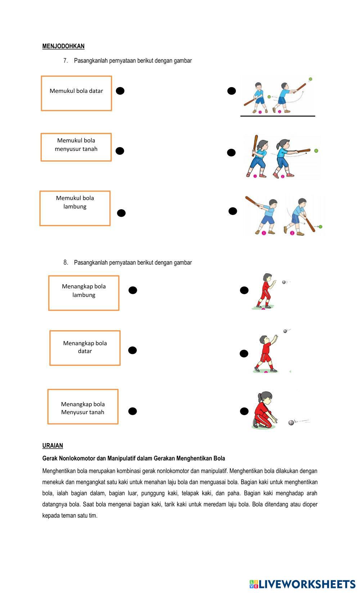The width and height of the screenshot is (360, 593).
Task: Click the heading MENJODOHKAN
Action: (x=63, y=46)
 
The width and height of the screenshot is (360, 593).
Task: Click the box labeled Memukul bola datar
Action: (x=76, y=93)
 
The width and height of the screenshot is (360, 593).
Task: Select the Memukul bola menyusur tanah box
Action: (x=76, y=147)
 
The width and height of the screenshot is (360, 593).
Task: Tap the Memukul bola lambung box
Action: (x=75, y=208)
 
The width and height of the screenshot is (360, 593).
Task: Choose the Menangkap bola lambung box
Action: (x=84, y=293)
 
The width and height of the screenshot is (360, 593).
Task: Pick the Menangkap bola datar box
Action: (x=85, y=348)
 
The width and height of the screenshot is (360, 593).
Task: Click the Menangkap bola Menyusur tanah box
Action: (x=83, y=406)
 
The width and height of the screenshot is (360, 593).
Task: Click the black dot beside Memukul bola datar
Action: (x=120, y=91)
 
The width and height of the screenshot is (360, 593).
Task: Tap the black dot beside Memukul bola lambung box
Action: (x=122, y=213)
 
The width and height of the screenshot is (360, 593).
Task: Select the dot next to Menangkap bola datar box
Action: (x=132, y=350)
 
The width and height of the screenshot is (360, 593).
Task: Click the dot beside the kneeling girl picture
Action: (x=244, y=411)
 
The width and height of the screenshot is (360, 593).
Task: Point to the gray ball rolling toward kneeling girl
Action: (x=291, y=422)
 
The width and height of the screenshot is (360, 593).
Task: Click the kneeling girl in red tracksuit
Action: (x=264, y=410)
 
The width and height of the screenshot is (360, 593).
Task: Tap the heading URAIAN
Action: (x=53, y=445)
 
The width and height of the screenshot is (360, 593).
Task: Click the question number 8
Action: (x=66, y=262)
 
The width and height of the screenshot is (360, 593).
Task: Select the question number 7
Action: (x=66, y=60)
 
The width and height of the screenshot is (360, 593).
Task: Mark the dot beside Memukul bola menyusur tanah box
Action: (x=120, y=151)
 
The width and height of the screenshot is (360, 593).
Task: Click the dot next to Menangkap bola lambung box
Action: (x=133, y=290)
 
